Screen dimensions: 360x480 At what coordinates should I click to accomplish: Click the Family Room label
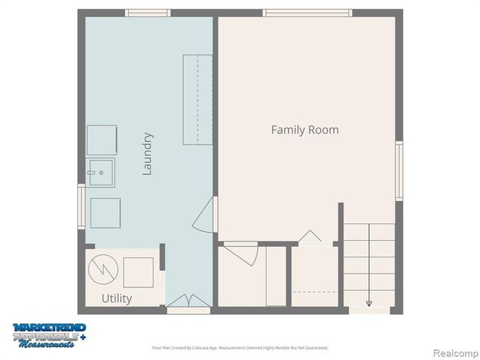[304, 130]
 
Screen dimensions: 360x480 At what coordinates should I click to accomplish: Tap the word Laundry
[148, 154]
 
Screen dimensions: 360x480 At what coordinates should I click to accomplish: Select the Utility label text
[116, 298]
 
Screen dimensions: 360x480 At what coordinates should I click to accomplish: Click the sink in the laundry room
[100, 172]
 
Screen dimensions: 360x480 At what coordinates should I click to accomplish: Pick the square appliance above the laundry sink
[101, 140]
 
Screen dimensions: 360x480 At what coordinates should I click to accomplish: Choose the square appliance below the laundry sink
[105, 212]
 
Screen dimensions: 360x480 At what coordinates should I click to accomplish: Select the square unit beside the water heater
[138, 271]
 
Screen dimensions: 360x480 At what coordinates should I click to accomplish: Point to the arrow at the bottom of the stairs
[369, 303]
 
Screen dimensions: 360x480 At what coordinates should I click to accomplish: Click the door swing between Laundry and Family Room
[205, 216]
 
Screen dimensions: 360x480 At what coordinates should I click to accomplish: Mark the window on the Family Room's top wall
[307, 13]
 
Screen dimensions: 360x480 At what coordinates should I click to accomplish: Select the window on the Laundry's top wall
[148, 13]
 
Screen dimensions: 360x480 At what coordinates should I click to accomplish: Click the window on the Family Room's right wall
[399, 171]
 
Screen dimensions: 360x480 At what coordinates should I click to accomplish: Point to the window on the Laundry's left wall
[81, 206]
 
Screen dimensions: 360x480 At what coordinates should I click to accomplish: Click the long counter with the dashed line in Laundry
[198, 99]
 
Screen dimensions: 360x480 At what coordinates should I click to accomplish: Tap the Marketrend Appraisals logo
[49, 334]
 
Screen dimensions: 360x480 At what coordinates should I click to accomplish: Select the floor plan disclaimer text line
[240, 347]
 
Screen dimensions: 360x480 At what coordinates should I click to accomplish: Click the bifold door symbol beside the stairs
[310, 238]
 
